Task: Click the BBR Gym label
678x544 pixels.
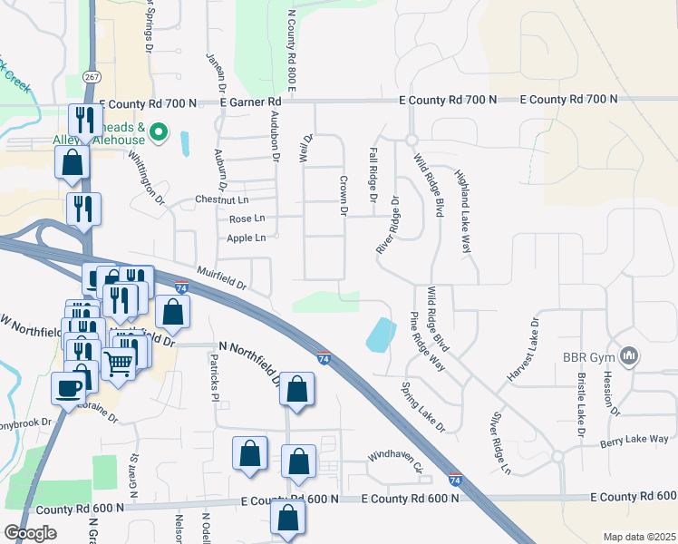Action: [x=587, y=355]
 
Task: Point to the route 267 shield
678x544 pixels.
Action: [x=91, y=77]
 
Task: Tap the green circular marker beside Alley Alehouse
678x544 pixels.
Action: [x=159, y=133]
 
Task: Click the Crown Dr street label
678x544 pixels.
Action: [x=344, y=195]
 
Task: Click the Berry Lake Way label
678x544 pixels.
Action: [x=634, y=440]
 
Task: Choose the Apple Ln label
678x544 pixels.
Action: [x=247, y=238]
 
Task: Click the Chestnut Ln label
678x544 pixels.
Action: [x=222, y=199]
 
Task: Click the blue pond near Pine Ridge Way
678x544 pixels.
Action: [x=381, y=335]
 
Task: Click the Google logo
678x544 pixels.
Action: [x=31, y=533]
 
